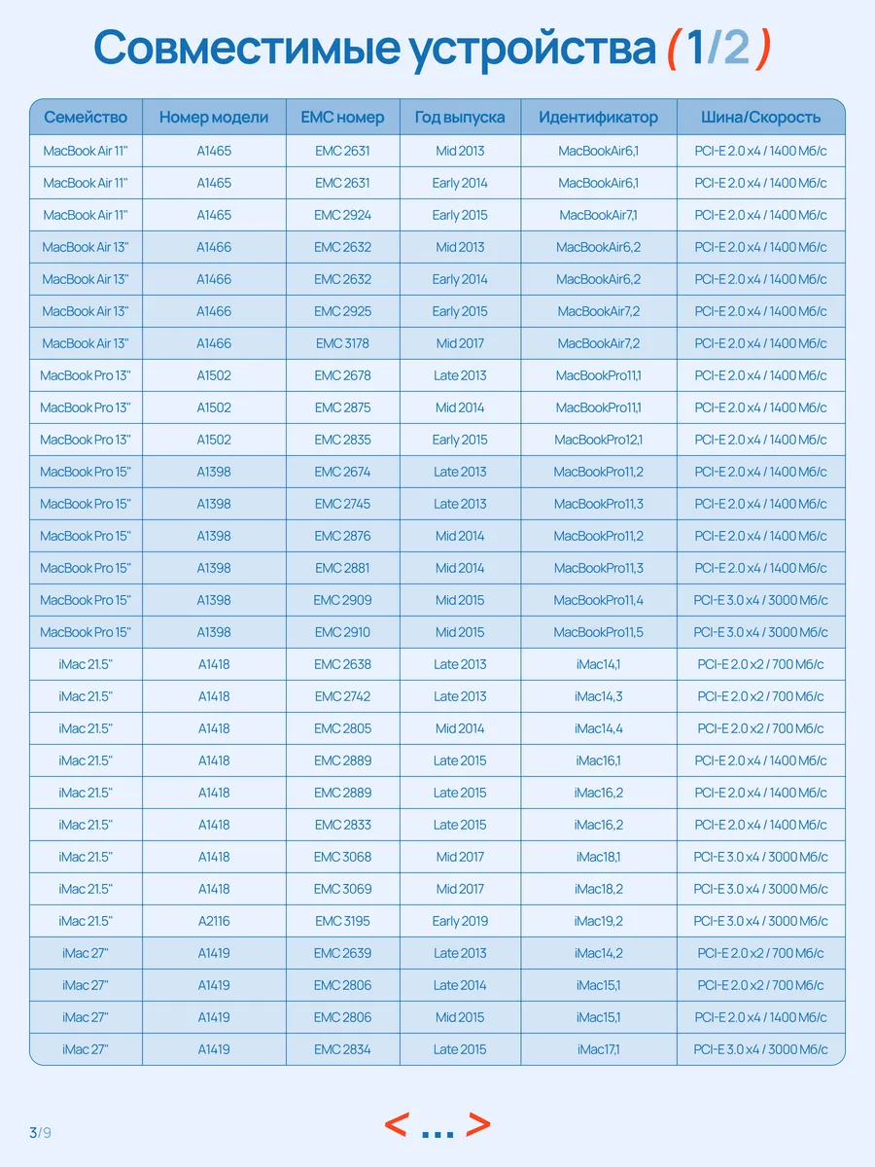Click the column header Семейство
coord(86,118)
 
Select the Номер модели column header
coord(214,118)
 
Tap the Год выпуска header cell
coord(460,118)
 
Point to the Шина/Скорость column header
coord(760,118)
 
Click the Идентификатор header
coord(598,118)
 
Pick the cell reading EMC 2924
coord(342,215)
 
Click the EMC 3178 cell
coord(342,343)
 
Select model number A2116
coord(214,921)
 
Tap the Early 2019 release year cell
coord(460,921)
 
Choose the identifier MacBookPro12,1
coord(598,440)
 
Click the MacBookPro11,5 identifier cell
coord(598,632)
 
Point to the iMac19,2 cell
coord(598,921)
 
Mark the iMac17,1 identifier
coord(598,1049)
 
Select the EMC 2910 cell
coord(342,632)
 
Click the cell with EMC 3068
coord(342,857)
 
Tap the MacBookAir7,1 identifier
coord(598,215)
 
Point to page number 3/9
coord(39,1132)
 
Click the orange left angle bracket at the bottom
coord(396,1125)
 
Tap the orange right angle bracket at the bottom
coord(478,1125)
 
